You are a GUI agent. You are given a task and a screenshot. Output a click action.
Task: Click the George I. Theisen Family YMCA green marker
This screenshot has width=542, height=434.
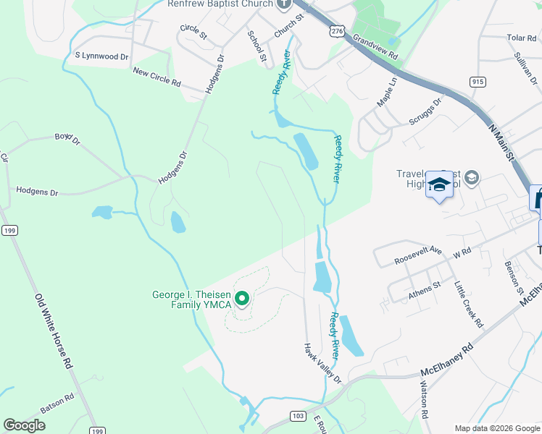pyautogui.click(x=243, y=298)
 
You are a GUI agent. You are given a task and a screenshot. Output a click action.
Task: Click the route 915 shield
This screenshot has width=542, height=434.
pyautogui.click(x=477, y=82)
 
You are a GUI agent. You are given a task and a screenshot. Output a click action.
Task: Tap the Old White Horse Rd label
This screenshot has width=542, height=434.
pyautogui.click(x=55, y=331)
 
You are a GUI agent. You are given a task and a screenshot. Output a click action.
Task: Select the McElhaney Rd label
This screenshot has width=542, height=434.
pyautogui.click(x=451, y=360)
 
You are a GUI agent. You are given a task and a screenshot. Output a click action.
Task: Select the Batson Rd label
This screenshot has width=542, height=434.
pyautogui.click(x=57, y=403)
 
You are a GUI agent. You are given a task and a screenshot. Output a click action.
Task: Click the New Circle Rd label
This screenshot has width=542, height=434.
pyautogui.click(x=157, y=76)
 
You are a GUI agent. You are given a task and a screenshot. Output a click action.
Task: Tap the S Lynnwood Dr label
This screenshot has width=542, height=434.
pyautogui.click(x=101, y=55)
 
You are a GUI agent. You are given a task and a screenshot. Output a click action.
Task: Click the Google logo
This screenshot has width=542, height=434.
pyautogui.click(x=25, y=425)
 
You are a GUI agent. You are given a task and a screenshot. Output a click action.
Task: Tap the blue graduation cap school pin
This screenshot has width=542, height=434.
pyautogui.click(x=439, y=184)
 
